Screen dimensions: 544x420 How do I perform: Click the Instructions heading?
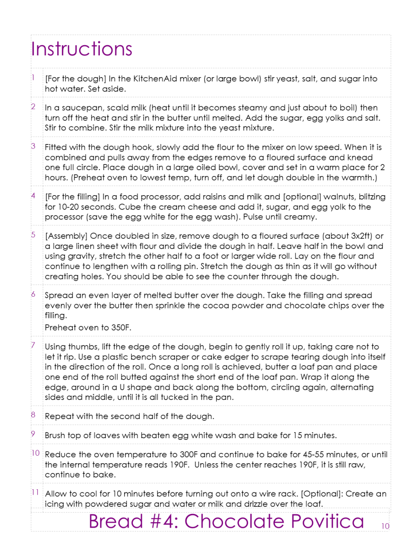point(81,49)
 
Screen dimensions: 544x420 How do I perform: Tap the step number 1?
point(33,78)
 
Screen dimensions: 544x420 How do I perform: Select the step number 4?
point(33,196)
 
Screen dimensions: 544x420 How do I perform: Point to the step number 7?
point(33,346)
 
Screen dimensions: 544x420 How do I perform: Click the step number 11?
point(35,492)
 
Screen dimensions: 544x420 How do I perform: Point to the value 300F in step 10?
point(211,455)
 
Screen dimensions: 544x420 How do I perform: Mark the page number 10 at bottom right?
point(385,526)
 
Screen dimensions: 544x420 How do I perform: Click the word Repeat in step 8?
point(59,416)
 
